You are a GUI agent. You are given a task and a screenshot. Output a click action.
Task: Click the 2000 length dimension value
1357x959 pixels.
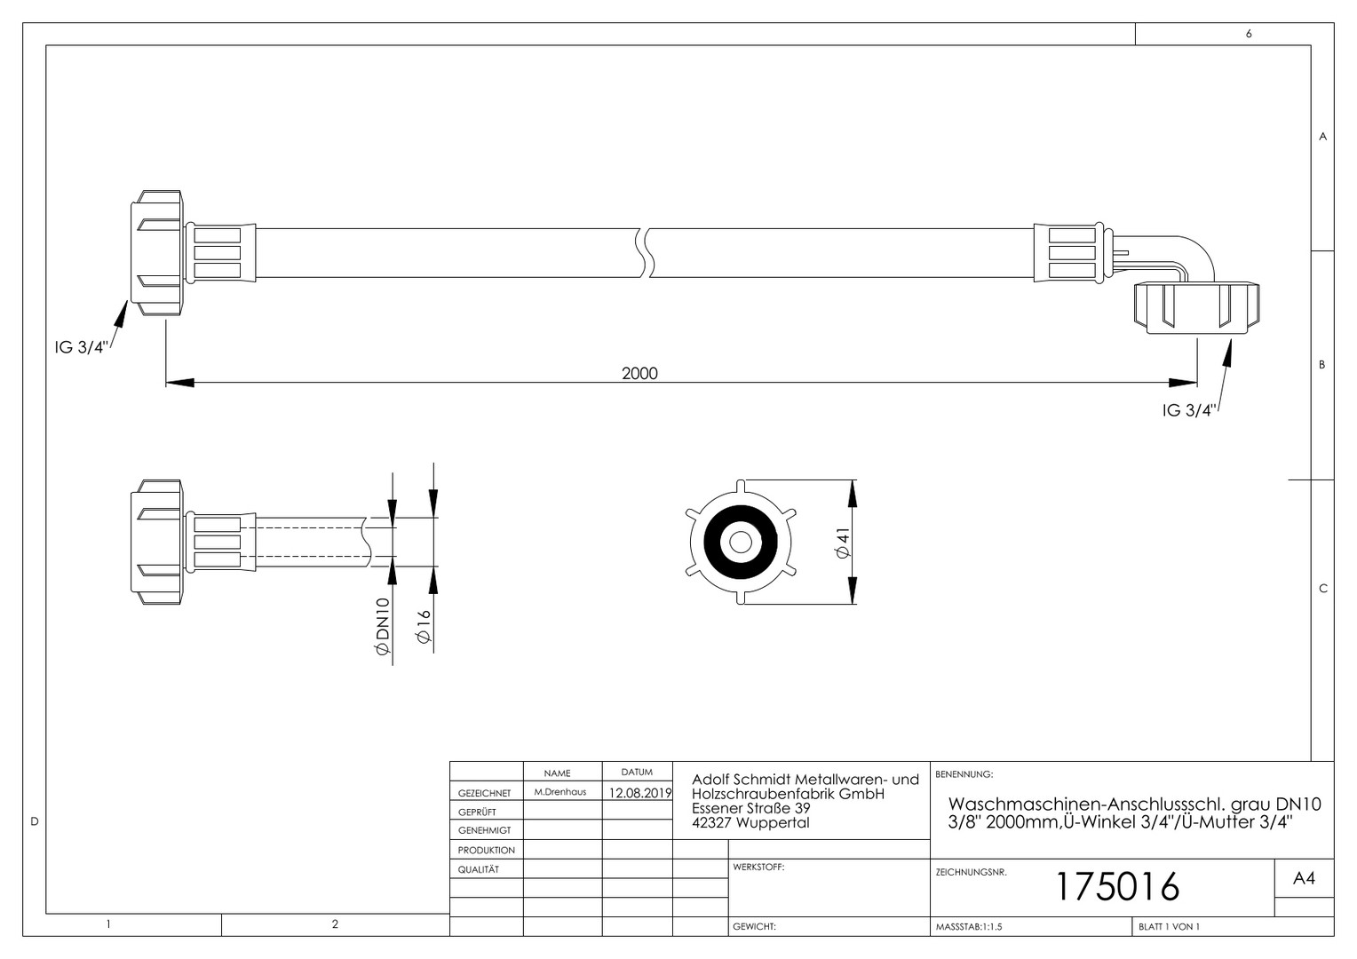[639, 373]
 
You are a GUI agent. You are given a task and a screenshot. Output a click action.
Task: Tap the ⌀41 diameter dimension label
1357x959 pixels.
[843, 543]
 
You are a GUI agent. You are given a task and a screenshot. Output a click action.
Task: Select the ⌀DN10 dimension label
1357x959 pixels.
[382, 626]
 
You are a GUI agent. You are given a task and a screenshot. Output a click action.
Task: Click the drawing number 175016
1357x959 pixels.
[1118, 887]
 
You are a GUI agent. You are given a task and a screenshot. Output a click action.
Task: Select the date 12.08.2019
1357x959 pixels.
[639, 793]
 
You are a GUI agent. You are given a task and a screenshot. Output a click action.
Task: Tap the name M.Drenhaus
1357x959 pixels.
[559, 792]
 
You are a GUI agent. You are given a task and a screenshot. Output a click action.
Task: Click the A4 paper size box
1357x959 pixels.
[1305, 878]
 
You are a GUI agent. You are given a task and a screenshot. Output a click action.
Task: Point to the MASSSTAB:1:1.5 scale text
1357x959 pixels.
[969, 927]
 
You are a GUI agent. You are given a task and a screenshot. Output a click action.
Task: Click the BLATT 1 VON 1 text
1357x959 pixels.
[1170, 927]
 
